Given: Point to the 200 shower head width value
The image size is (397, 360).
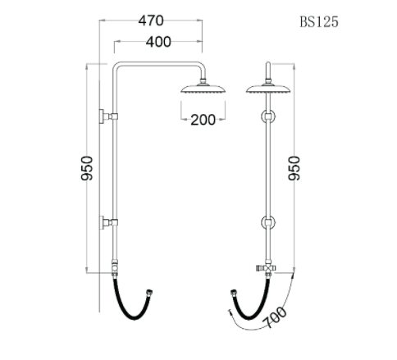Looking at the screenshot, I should click(x=202, y=120).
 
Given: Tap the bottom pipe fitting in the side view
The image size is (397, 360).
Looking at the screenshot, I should click(x=116, y=267).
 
